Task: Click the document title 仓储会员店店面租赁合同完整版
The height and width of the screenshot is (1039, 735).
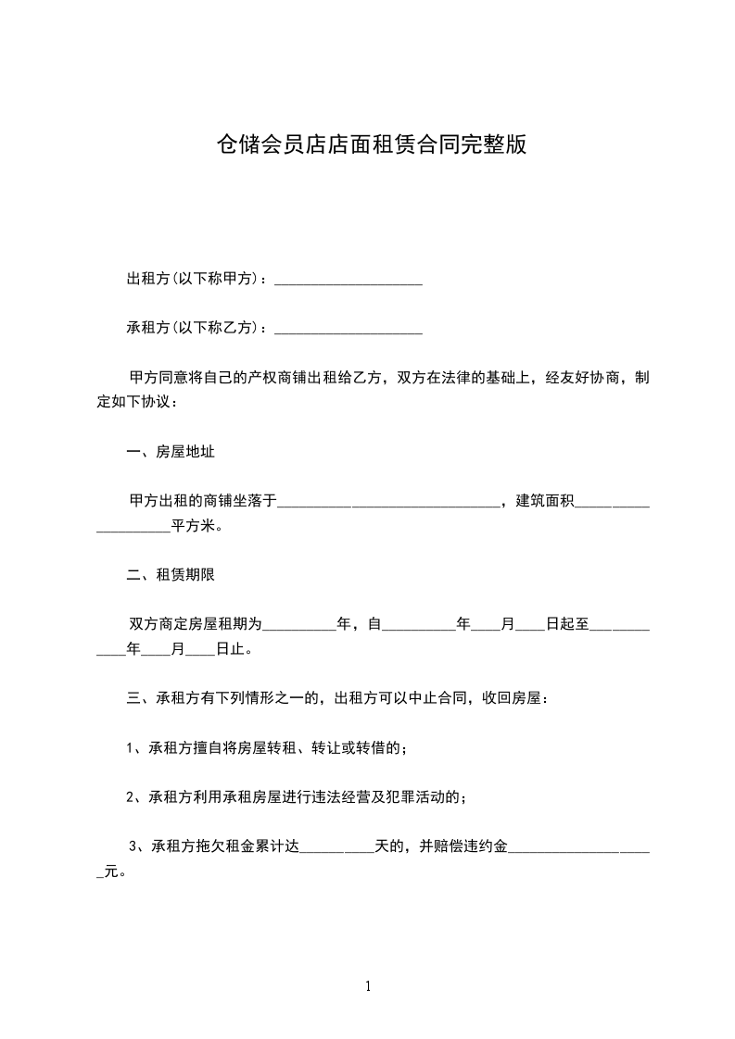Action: click(371, 144)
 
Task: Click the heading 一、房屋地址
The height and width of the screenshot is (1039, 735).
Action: click(171, 452)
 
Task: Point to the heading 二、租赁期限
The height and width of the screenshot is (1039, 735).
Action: click(171, 575)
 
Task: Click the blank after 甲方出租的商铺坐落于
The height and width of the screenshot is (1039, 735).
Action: click(388, 502)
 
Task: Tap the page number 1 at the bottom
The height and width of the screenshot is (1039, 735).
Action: click(368, 987)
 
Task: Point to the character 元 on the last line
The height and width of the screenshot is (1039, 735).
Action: click(111, 871)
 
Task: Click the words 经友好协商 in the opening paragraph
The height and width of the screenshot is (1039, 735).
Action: click(572, 378)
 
